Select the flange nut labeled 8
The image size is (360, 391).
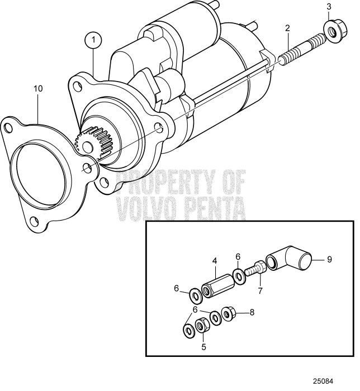[x=229, y=313]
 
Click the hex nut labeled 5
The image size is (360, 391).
[x=202, y=323]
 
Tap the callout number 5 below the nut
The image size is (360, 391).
[x=203, y=346]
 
